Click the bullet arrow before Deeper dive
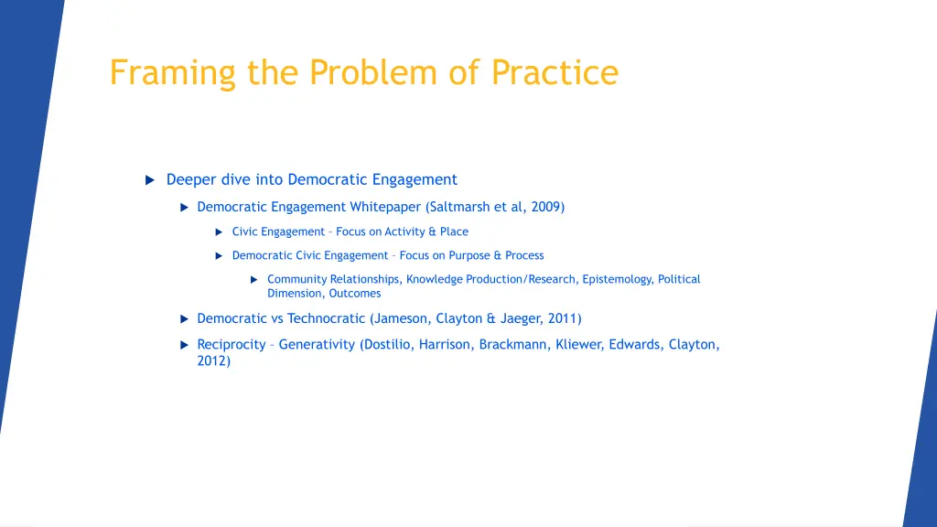(150, 180)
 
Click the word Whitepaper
(385, 207)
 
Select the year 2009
(545, 207)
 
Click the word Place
(454, 231)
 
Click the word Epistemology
(618, 279)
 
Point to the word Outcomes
(355, 294)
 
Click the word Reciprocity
(232, 345)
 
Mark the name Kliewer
(580, 345)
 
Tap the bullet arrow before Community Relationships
(254, 280)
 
